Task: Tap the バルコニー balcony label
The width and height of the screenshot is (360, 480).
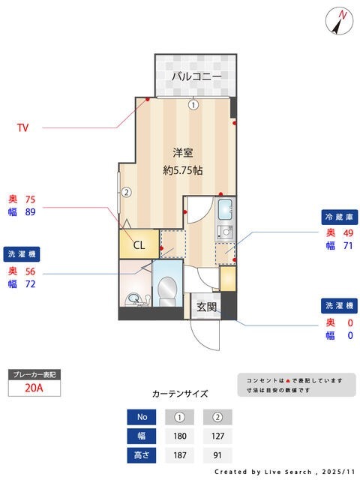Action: click(196, 76)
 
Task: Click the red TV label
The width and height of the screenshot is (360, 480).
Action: click(23, 127)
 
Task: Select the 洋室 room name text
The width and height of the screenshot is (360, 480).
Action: click(183, 152)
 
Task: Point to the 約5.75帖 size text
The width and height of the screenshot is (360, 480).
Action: click(183, 170)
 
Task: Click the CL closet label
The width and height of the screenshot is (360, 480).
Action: click(139, 244)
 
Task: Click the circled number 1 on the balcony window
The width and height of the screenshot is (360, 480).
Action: click(193, 105)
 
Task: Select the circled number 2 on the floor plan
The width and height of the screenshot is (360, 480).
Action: click(127, 191)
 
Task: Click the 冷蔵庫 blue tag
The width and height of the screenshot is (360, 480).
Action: click(337, 217)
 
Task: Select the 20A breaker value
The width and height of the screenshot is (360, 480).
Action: click(33, 388)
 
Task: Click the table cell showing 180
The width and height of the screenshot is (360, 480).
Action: click(180, 436)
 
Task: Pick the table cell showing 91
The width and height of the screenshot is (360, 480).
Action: click(217, 454)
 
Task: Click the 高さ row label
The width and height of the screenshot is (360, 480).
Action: click(142, 454)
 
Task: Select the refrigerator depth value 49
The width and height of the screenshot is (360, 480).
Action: click(348, 232)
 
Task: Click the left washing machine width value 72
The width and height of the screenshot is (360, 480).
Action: click(30, 284)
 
